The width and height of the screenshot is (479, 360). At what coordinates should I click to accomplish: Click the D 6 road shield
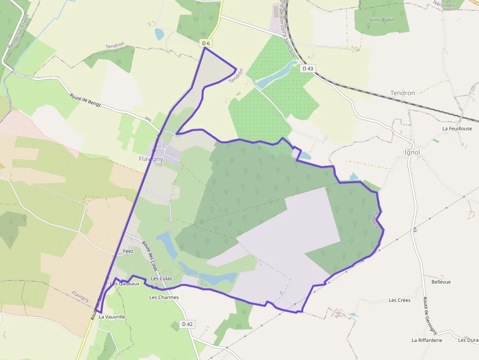(x=206, y=43)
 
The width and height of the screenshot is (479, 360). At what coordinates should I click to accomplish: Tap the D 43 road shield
(x=307, y=69)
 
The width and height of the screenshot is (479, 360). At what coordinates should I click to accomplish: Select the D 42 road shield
(x=187, y=324)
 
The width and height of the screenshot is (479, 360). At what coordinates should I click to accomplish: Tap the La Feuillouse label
(x=457, y=128)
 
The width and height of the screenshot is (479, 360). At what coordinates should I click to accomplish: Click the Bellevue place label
(x=441, y=282)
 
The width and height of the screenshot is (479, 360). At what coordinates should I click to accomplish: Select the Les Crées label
(x=399, y=300)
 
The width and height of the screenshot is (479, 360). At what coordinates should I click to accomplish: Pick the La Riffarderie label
(x=427, y=340)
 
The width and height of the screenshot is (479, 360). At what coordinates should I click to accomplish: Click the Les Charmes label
(x=164, y=297)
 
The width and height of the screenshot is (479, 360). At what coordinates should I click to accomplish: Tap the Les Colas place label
(x=161, y=278)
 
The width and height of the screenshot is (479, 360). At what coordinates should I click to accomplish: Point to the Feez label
(x=128, y=251)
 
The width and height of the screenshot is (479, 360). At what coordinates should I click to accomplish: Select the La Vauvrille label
(x=112, y=317)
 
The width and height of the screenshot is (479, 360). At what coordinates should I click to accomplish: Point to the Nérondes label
(x=444, y=5)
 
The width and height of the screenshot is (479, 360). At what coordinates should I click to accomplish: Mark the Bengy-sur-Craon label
(x=19, y=31)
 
